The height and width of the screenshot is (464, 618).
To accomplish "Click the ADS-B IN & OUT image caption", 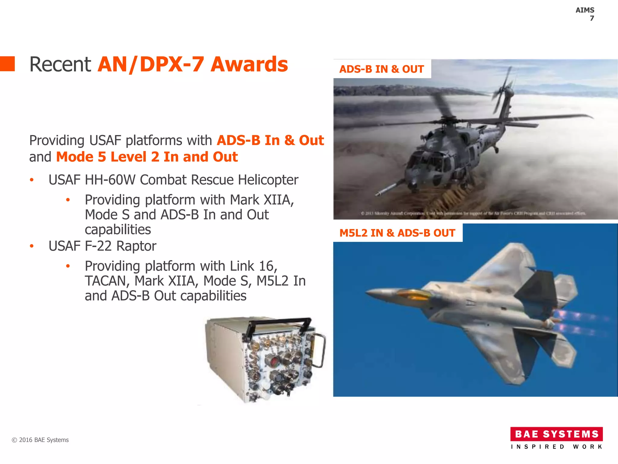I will (381, 69).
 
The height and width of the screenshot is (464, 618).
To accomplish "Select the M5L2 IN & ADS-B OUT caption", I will (397, 233).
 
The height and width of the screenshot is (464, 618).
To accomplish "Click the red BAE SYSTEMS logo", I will (556, 434).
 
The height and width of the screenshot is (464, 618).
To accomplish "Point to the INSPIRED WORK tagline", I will (556, 447).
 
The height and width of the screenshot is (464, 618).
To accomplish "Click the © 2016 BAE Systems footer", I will (40, 440).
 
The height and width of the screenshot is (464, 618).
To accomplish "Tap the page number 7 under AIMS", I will (592, 18).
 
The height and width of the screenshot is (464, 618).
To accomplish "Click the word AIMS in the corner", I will (585, 10).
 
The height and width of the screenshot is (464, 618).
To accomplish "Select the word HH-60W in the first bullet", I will (110, 180).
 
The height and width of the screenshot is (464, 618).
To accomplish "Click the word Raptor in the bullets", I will (136, 246).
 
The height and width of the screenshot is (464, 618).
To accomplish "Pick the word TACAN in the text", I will (105, 281).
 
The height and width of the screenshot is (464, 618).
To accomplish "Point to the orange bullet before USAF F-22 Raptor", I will (32, 246).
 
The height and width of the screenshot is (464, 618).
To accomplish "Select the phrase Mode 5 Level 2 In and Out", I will (147, 157).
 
